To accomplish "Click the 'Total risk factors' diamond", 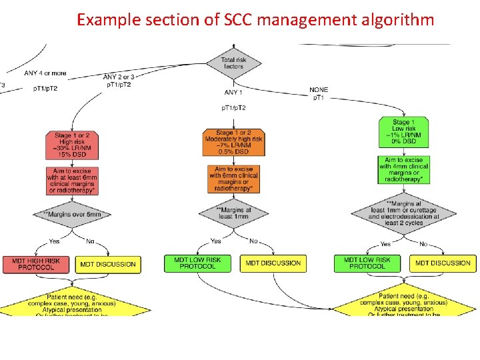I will click(234, 63).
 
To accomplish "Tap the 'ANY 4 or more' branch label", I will click(45, 73).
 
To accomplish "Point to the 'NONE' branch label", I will click(319, 90).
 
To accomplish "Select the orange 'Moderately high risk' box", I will click(234, 143).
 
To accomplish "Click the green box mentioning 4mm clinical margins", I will click(405, 171).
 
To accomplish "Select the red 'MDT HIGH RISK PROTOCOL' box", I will click(36, 264).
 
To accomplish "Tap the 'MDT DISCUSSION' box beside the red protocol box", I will click(108, 264).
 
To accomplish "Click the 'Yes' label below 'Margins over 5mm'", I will click(54, 241).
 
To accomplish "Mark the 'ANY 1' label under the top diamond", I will click(234, 93).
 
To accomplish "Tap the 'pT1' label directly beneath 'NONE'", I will click(319, 98).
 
